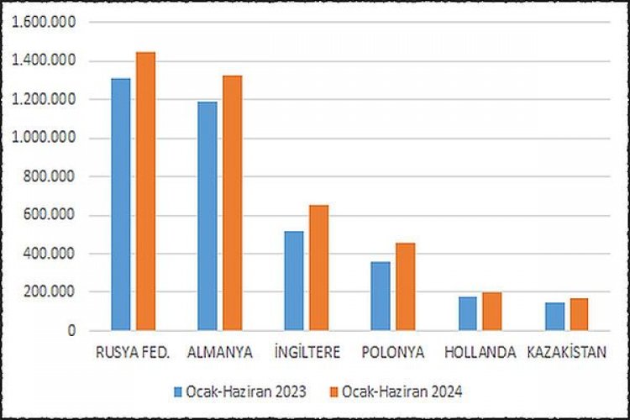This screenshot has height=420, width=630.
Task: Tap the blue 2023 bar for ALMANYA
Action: tap(207, 216)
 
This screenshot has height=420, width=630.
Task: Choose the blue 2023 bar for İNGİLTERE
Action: tap(293, 281)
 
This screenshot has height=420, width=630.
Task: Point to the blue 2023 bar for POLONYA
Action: tap(381, 296)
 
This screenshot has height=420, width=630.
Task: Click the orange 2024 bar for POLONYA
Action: tap(405, 286)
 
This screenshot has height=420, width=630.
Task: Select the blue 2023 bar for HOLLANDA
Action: tap(467, 313)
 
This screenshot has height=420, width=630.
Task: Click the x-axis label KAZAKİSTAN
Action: tap(566, 353)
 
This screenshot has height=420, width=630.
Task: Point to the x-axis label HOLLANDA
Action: tap(480, 353)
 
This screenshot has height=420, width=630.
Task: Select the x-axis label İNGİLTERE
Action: tap(306, 353)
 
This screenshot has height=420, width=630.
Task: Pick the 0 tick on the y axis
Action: tap(72, 331)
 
